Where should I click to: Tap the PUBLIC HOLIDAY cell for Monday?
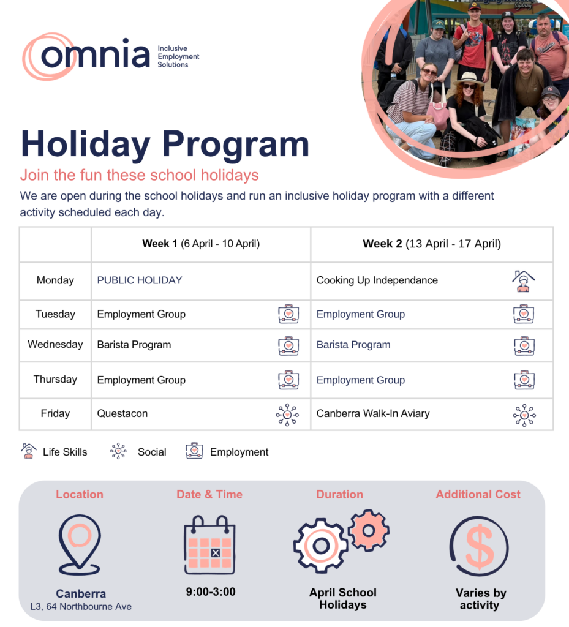[140, 280]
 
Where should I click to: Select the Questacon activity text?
[122, 413]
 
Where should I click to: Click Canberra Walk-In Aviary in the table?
[373, 413]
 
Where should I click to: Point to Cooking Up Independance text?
[377, 280]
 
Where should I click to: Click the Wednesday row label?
[55, 344]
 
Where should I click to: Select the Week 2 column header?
[432, 244]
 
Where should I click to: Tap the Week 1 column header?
[201, 244]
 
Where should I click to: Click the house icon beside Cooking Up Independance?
[524, 281]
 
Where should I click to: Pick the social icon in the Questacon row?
[287, 415]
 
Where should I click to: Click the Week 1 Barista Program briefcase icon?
[288, 346]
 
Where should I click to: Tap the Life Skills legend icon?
[28, 451]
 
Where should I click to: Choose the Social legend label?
[152, 452]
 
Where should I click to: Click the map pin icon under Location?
[80, 544]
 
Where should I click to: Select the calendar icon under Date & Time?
[209, 544]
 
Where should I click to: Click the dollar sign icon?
[480, 546]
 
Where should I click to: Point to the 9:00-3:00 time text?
[211, 592]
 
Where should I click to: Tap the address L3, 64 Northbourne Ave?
[81, 607]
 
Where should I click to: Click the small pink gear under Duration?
[368, 530]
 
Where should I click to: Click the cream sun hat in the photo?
[469, 79]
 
